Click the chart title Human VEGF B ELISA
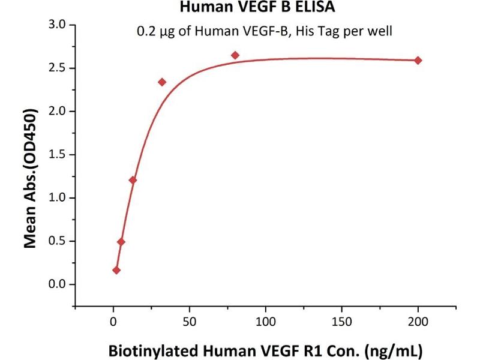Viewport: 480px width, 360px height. (x=239, y=8)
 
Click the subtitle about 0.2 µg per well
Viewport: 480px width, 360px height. (x=265, y=31)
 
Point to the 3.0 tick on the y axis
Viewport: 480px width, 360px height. (x=58, y=25)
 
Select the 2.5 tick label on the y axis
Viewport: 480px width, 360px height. (x=58, y=68)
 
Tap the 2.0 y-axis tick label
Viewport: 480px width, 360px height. (x=58, y=111)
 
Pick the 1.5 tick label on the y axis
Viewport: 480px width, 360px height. (x=58, y=154)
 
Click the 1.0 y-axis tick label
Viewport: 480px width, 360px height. (x=58, y=198)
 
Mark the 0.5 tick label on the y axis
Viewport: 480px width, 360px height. (x=58, y=241)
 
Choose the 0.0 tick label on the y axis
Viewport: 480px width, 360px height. (x=58, y=284)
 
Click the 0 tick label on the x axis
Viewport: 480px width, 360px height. (x=113, y=322)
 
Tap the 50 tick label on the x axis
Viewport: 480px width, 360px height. (x=190, y=322)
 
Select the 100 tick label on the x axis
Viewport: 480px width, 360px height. (x=266, y=322)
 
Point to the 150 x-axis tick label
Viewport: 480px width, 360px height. (x=342, y=322)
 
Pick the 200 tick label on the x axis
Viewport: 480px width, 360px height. (x=419, y=322)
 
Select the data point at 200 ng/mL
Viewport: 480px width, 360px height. (x=418, y=60)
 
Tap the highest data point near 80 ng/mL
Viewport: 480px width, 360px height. (x=235, y=55)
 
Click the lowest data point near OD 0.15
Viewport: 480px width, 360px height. (x=116, y=270)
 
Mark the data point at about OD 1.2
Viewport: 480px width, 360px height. (x=133, y=180)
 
